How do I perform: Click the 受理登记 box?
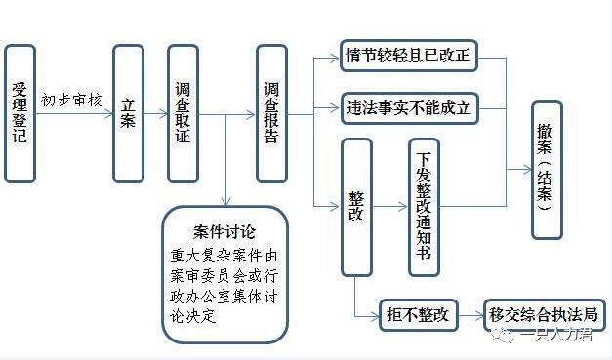(x=19, y=113)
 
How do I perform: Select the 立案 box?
(x=128, y=113)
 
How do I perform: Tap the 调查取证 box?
(x=183, y=113)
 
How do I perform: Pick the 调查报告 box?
(x=272, y=113)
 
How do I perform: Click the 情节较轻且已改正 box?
(x=408, y=57)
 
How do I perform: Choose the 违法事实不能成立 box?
(x=408, y=108)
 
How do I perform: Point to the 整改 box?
(x=356, y=207)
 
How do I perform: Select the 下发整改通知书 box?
(x=424, y=207)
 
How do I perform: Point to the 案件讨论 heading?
(x=224, y=232)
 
